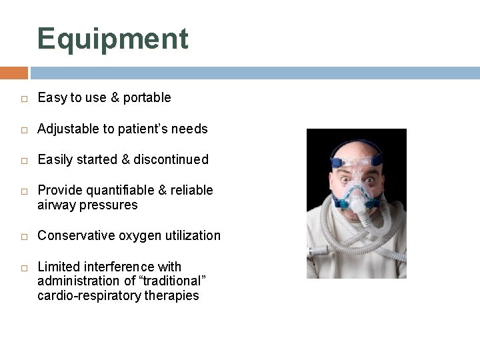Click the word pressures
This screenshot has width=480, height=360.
113,205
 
